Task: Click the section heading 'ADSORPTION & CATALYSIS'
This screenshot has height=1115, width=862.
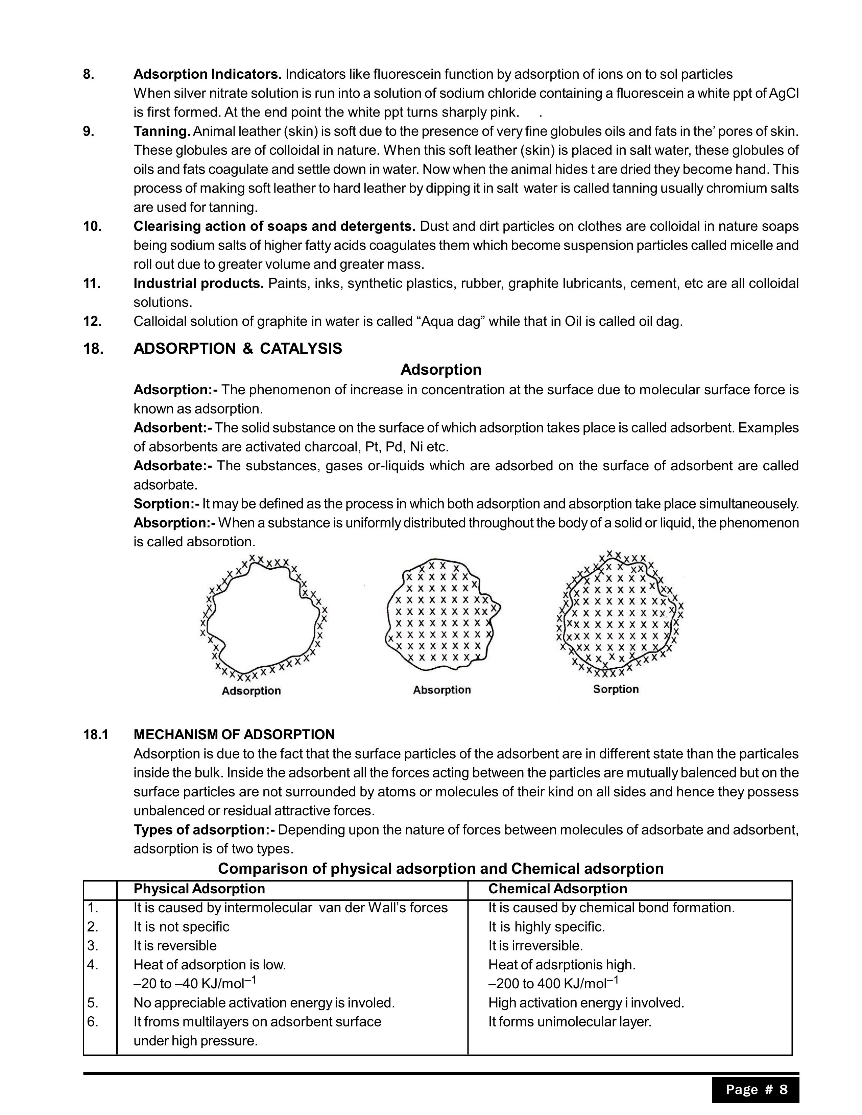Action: point(237,349)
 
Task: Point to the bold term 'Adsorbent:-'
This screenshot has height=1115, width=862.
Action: point(173,428)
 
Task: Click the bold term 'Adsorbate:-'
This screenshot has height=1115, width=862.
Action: point(173,466)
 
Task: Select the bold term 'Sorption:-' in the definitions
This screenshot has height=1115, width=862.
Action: point(166,504)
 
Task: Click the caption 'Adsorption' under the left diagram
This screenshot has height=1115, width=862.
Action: point(251,691)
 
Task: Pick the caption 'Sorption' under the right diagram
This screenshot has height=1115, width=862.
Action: point(616,690)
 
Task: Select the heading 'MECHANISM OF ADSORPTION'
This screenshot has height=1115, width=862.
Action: point(234,735)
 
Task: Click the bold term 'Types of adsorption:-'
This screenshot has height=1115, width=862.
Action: point(204,829)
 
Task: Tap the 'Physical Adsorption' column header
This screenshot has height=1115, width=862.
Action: point(199,889)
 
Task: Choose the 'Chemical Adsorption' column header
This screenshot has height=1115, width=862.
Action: point(558,889)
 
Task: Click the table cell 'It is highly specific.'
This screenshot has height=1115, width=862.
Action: point(546,926)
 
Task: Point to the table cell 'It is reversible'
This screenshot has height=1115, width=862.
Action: point(175,945)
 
